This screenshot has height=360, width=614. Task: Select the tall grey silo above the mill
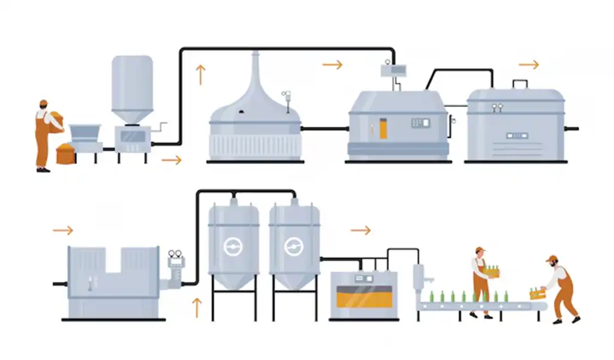pyautogui.click(x=132, y=88)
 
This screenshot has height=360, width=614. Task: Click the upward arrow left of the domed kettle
pyautogui.click(x=200, y=75)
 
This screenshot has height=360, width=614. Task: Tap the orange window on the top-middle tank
pyautogui.click(x=383, y=129)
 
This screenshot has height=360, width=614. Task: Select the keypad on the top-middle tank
pyautogui.click(x=420, y=123)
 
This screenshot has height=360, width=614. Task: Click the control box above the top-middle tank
pyautogui.click(x=394, y=70)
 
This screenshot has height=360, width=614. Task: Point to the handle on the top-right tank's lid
pyautogui.click(x=520, y=83)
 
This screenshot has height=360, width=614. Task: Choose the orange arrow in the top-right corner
pyautogui.click(x=528, y=65)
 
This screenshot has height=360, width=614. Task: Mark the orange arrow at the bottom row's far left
pyautogui.click(x=62, y=230)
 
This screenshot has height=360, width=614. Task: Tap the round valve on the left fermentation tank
pyautogui.click(x=233, y=247)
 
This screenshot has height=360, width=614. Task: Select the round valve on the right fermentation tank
pyautogui.click(x=294, y=247)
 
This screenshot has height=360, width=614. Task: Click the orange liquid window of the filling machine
pyautogui.click(x=364, y=296)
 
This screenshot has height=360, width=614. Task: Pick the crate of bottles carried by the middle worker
pyautogui.click(x=491, y=272)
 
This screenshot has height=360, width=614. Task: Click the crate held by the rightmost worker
pyautogui.click(x=537, y=293)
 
